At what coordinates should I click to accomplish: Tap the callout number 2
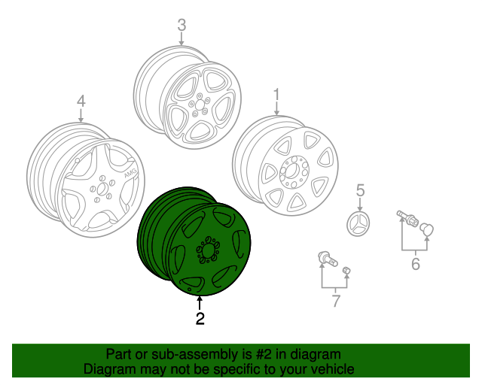click(200, 319)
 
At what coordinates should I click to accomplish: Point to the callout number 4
click(81, 101)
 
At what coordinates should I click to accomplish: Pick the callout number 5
click(360, 189)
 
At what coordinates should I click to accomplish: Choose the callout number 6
click(414, 263)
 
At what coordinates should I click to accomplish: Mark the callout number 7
click(335, 302)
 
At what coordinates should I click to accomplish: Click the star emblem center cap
click(360, 223)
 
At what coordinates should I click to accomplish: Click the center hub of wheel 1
click(291, 171)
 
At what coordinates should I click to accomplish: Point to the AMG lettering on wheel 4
click(121, 177)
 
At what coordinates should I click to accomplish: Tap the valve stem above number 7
click(325, 259)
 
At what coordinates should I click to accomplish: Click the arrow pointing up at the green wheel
click(200, 302)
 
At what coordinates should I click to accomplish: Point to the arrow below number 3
click(182, 42)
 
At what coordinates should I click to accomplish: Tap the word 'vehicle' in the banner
click(331, 370)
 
